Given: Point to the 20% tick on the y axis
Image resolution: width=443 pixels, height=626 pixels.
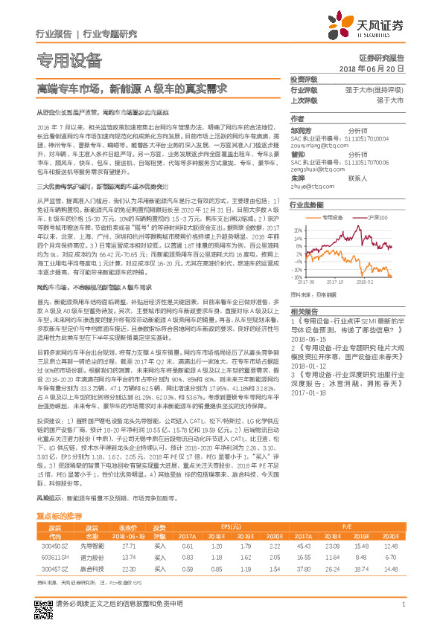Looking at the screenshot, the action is (296, 230).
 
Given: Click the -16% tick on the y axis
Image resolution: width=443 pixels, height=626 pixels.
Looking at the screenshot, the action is (296, 276).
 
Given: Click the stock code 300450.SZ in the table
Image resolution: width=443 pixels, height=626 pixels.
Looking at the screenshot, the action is (51, 524).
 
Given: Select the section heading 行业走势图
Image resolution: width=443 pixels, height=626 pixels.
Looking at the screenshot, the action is (307, 204).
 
